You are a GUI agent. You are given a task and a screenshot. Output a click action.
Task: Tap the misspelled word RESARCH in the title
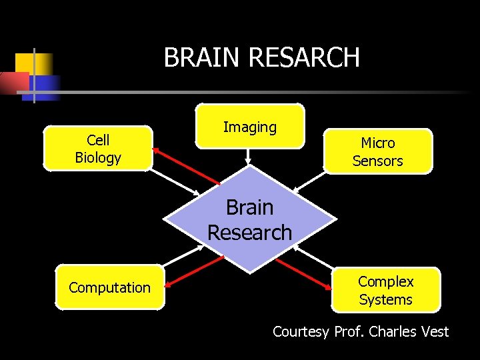click(x=304, y=57)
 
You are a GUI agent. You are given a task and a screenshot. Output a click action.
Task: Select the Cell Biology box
click(x=98, y=149)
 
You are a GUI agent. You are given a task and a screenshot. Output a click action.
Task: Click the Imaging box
click(x=249, y=126)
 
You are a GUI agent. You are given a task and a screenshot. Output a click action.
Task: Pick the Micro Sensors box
click(x=377, y=151)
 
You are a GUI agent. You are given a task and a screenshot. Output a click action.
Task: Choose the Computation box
click(x=109, y=287)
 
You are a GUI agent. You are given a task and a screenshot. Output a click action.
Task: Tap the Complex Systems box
click(x=385, y=290)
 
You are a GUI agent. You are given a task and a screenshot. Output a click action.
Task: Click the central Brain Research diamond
click(x=249, y=220)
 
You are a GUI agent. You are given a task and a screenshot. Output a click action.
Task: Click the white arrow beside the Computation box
click(x=184, y=256)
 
